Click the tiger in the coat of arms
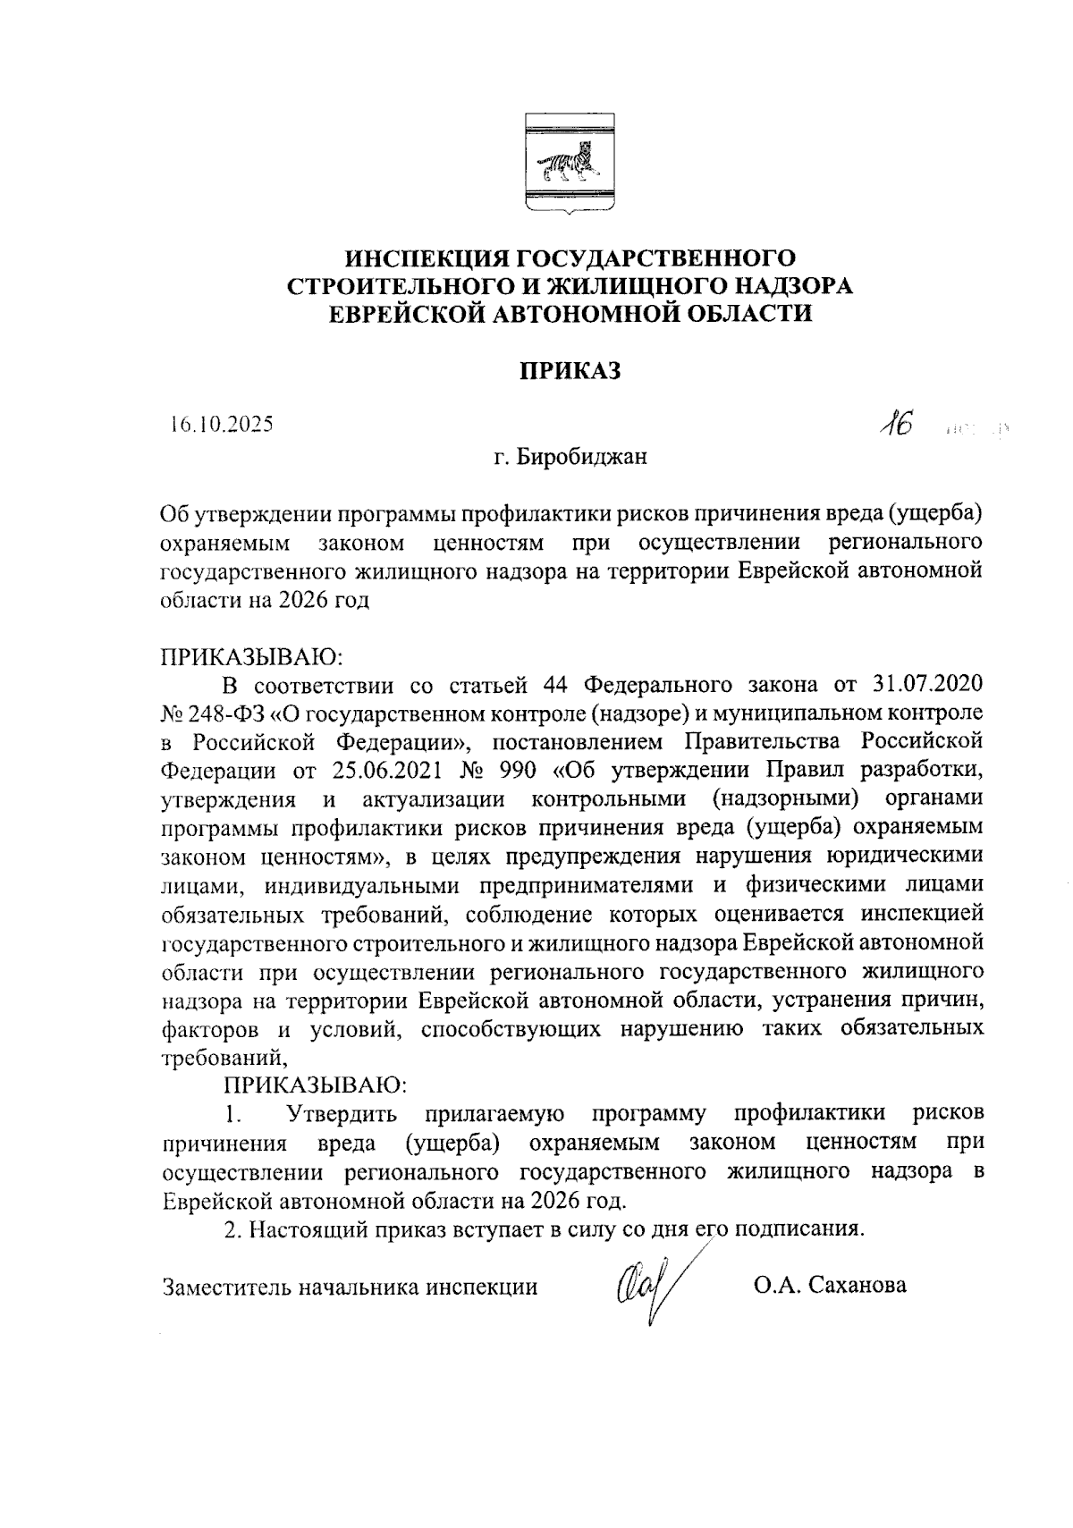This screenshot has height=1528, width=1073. (567, 164)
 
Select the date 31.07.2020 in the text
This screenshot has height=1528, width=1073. (926, 686)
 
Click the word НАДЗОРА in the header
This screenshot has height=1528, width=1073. (788, 286)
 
